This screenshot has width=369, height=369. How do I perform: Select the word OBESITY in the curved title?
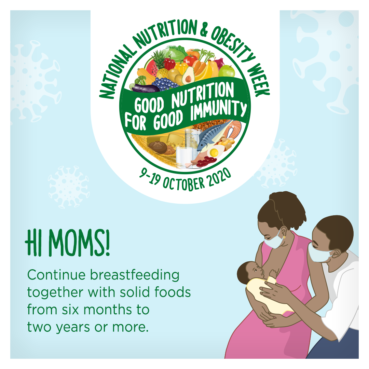(x=232, y=45)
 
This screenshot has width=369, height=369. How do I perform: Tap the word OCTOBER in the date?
(x=183, y=184)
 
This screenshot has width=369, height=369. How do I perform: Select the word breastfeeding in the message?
(x=135, y=275)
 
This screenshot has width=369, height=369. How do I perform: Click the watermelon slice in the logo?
(x=151, y=67)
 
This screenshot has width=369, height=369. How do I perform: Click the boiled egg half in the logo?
(x=215, y=152)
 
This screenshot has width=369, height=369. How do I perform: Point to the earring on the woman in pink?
(x=284, y=237)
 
